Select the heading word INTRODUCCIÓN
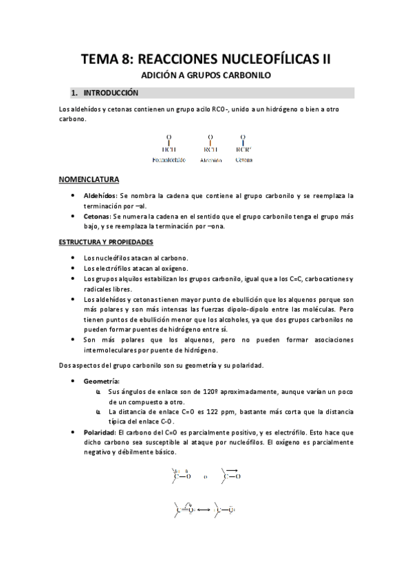[111, 93]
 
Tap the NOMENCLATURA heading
[89, 180]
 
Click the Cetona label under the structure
[243, 159]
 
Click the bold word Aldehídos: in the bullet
[100, 196]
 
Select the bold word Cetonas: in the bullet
[97, 216]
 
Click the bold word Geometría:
[101, 380]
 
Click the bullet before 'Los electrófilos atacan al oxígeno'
[74, 268]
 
